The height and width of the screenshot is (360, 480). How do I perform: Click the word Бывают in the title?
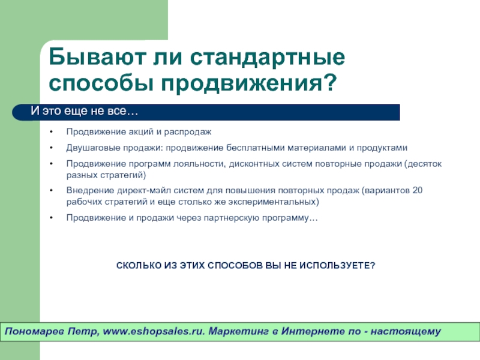[x=97, y=57]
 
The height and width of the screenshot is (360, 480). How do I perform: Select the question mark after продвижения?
[x=330, y=82]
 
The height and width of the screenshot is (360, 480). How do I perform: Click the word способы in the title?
[x=101, y=83]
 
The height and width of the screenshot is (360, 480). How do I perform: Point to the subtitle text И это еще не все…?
[x=85, y=111]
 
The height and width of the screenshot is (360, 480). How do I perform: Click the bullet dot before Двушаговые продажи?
[x=52, y=148]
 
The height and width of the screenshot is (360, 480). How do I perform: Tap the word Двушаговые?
[x=93, y=148]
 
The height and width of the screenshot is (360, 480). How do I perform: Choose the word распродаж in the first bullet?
[x=188, y=132]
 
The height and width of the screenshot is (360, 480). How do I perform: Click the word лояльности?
[x=200, y=164]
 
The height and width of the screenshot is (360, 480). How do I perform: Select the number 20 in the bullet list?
[x=418, y=190]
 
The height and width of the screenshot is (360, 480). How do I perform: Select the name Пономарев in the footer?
[x=35, y=331]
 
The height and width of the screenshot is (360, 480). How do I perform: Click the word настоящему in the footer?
[x=406, y=332]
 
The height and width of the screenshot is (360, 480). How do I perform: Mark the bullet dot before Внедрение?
[x=52, y=190]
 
